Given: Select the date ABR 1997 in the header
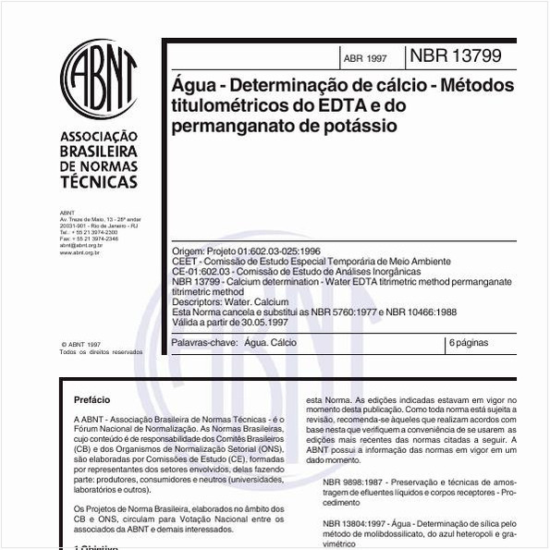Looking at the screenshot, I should pyautogui.click(x=365, y=58).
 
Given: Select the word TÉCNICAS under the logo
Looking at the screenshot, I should pyautogui.click(x=98, y=182).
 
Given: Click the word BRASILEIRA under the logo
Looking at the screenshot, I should pyautogui.click(x=98, y=151).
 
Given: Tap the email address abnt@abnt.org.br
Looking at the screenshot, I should pyautogui.click(x=80, y=245).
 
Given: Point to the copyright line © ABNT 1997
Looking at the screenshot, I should pyautogui.click(x=80, y=344).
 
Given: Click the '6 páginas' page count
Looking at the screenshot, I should pyautogui.click(x=469, y=343).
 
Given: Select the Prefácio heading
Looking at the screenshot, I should pyautogui.click(x=92, y=399).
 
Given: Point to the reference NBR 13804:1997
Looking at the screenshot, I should pyautogui.click(x=361, y=522).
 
